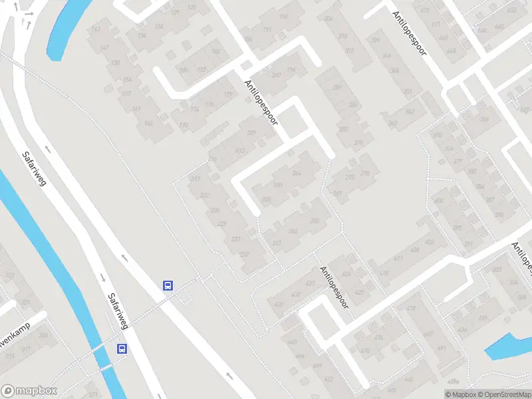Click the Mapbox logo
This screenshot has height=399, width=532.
29,391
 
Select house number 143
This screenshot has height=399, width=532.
96,29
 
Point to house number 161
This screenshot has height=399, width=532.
137,109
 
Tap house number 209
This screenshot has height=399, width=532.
251,133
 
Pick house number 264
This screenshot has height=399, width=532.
297,174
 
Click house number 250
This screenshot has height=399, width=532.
315,221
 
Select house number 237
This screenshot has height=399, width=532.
244,253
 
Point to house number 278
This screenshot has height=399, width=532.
364,174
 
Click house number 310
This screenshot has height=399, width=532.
342,36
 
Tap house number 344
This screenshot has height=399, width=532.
386,56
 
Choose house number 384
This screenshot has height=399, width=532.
483,119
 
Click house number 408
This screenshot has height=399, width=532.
414,251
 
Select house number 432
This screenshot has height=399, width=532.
309,284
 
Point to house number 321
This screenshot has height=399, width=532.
25,303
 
